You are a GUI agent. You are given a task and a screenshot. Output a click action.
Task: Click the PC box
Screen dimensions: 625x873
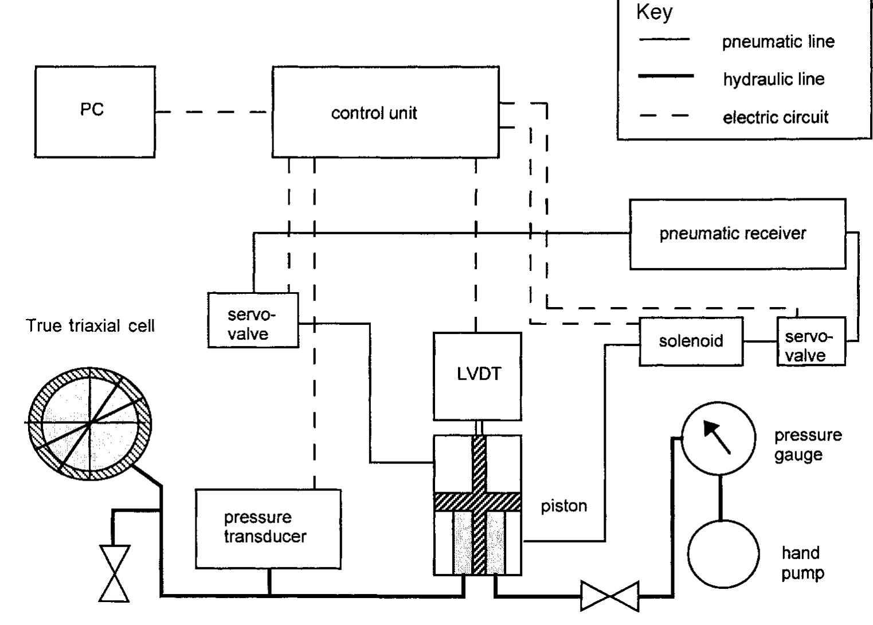pyautogui.click(x=95, y=112)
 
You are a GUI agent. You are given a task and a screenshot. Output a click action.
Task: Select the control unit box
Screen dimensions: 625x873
pyautogui.click(x=385, y=112)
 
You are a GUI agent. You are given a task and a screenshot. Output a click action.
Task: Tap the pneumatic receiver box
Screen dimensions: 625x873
pyautogui.click(x=737, y=234)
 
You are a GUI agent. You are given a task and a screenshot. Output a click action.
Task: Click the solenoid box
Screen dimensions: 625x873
pyautogui.click(x=690, y=341)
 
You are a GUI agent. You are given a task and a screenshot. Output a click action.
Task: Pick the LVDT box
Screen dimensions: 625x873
pyautogui.click(x=477, y=376)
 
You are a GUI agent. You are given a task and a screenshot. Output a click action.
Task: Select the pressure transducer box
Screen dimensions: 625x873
pyautogui.click(x=268, y=528)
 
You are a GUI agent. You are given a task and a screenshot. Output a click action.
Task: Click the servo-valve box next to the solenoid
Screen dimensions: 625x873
pyautogui.click(x=811, y=342)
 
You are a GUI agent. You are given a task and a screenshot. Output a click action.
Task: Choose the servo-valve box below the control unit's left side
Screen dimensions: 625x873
pyautogui.click(x=253, y=320)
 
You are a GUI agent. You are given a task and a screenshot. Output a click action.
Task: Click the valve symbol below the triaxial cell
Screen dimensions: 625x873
pyautogui.click(x=115, y=573)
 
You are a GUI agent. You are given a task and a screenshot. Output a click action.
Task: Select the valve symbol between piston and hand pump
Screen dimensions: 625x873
pyautogui.click(x=610, y=596)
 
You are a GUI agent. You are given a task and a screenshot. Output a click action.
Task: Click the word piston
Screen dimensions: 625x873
pyautogui.click(x=563, y=506)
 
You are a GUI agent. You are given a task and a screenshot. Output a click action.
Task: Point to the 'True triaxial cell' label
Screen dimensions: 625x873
pyautogui.click(x=91, y=326)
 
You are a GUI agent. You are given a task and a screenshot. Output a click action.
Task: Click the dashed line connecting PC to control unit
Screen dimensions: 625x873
pyautogui.click(x=212, y=112)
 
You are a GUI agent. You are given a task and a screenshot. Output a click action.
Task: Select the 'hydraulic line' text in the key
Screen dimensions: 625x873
pyautogui.click(x=773, y=79)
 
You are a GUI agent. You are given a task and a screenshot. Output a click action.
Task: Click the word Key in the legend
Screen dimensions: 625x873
pyautogui.click(x=654, y=13)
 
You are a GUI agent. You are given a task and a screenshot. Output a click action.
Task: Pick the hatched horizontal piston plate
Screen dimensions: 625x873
pyautogui.click(x=477, y=502)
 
